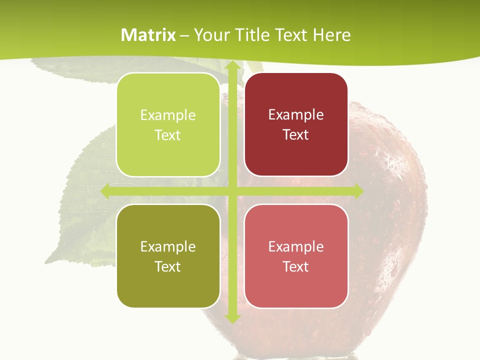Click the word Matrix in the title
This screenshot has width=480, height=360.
pyautogui.click(x=148, y=35)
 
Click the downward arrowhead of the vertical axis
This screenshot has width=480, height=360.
pyautogui.click(x=232, y=318)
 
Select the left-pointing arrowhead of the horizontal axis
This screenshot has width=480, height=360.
pyautogui.click(x=106, y=191)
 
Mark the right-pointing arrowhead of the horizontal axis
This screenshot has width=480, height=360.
pyautogui.click(x=358, y=191)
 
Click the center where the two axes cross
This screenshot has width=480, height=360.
pyautogui.click(x=232, y=191)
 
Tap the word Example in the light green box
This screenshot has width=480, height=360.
pyautogui.click(x=168, y=115)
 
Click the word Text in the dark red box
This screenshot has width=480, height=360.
pyautogui.click(x=296, y=135)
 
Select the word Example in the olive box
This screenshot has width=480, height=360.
pyautogui.click(x=168, y=247)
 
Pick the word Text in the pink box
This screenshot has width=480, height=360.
pyautogui.click(x=296, y=266)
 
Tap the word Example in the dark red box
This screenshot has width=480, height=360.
pyautogui.click(x=296, y=115)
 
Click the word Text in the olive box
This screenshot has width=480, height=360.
pyautogui.click(x=168, y=266)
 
